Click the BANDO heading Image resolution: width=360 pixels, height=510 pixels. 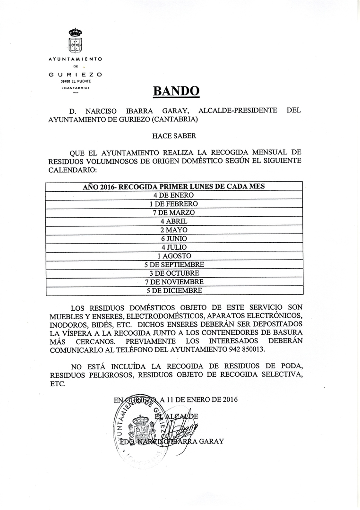tap(176, 91)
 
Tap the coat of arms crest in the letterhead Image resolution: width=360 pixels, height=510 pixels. tap(75, 41)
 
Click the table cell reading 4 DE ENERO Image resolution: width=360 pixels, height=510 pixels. tap(174, 195)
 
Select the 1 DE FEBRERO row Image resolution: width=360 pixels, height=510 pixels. tap(174, 204)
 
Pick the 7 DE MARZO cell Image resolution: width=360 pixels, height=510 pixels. tap(174, 212)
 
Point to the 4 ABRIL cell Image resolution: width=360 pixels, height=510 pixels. tap(174, 221)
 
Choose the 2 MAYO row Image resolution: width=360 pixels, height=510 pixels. tap(174, 230)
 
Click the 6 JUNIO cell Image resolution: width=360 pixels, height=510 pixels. tap(174, 238)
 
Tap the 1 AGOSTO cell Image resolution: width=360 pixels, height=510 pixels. tap(174, 256)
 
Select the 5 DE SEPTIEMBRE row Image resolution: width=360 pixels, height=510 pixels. tap(174, 264)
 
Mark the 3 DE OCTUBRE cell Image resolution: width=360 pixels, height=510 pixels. tap(174, 273)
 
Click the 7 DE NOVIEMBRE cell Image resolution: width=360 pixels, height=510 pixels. tap(174, 282)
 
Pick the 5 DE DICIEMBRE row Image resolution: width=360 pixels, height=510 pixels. tap(174, 290)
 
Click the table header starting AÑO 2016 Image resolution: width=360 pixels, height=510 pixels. tap(174, 186)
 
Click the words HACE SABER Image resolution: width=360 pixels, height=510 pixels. tap(174, 136)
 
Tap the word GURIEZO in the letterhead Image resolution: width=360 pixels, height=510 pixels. tap(76, 75)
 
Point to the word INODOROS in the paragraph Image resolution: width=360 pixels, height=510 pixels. tap(67, 325)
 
